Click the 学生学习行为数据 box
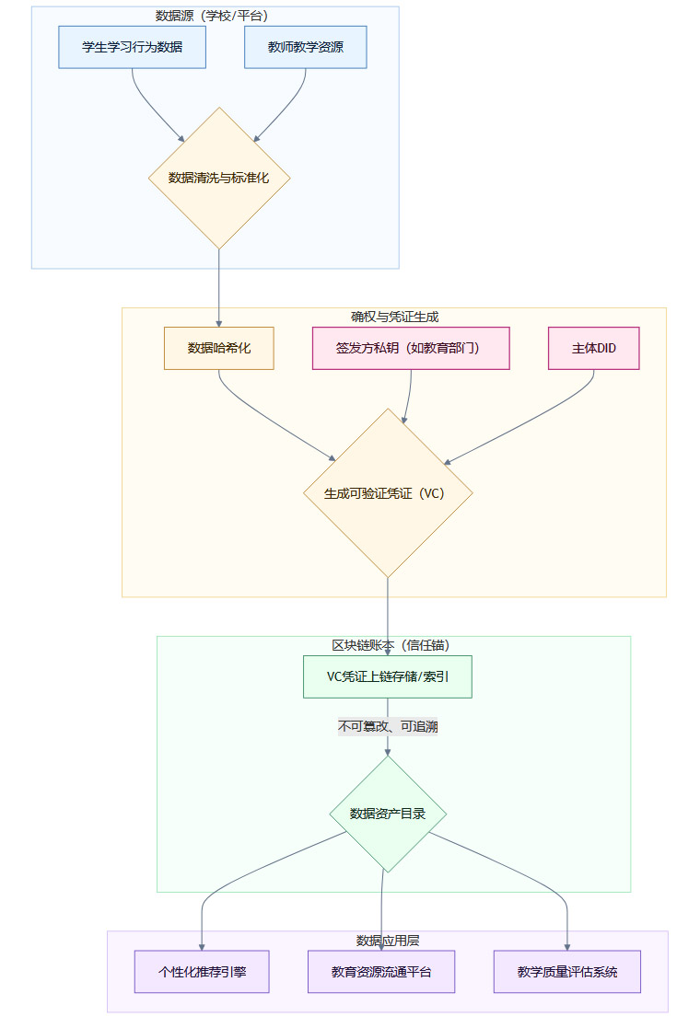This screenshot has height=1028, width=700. (x=132, y=47)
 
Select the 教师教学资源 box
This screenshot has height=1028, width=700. (x=306, y=47)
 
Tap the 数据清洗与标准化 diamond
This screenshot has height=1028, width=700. (x=219, y=178)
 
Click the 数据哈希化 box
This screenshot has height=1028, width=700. (x=219, y=348)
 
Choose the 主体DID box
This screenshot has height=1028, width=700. (x=593, y=348)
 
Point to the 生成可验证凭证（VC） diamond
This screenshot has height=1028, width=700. (x=388, y=492)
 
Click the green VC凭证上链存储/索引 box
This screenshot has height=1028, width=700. (x=388, y=676)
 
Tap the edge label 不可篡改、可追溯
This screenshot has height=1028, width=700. (x=388, y=727)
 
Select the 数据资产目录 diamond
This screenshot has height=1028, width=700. (x=388, y=814)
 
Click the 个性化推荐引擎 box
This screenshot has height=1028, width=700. (x=202, y=971)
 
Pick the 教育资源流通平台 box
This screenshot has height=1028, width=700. (x=381, y=971)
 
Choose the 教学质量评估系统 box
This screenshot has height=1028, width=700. (x=566, y=971)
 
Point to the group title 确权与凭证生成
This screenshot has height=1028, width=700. (x=394, y=317)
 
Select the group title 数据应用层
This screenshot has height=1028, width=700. (x=388, y=940)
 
